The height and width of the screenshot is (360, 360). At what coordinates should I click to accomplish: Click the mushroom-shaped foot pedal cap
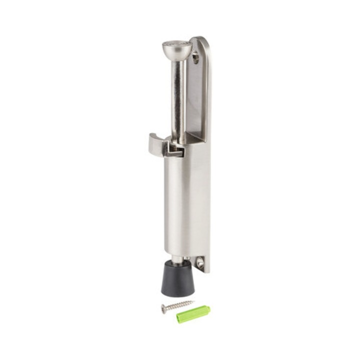tap(177, 50)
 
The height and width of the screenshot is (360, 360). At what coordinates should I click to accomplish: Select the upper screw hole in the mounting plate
tap(195, 58)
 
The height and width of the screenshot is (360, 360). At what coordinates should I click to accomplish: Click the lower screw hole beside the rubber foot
tap(200, 262)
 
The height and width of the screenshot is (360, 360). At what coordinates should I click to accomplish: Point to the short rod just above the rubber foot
tap(177, 259)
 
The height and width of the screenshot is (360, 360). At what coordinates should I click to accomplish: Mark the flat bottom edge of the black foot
tap(177, 293)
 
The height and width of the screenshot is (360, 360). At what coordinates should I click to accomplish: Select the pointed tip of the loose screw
tap(193, 301)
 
